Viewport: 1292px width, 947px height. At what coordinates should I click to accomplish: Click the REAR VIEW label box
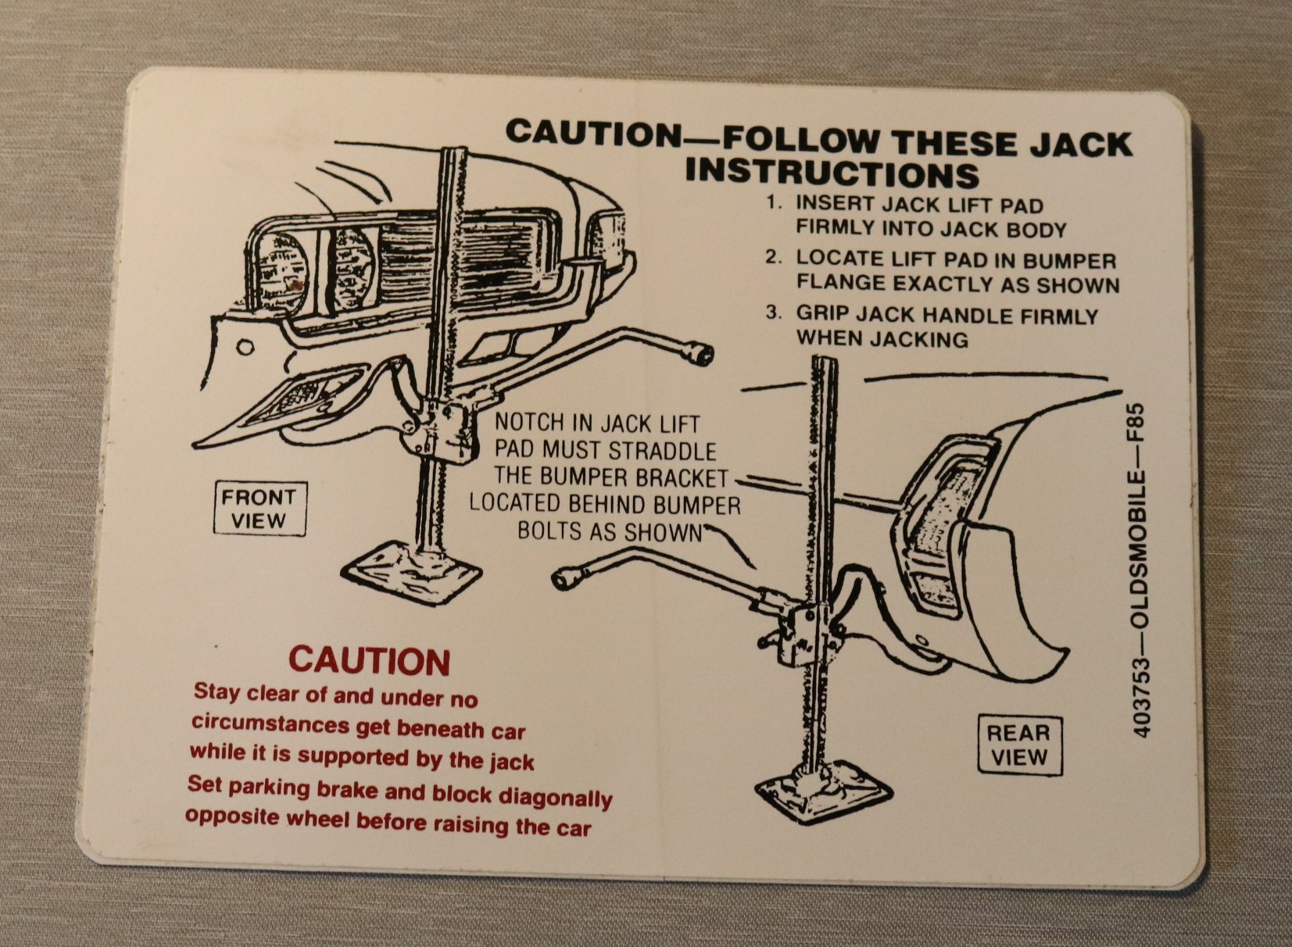(x=1019, y=745)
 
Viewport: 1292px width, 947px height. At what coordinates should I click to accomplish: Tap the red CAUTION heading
(x=369, y=662)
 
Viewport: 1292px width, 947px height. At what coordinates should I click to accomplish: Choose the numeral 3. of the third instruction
(x=774, y=313)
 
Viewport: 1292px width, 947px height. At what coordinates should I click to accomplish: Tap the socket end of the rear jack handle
(x=564, y=579)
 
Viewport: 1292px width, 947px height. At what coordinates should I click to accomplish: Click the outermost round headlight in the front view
(x=281, y=272)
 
